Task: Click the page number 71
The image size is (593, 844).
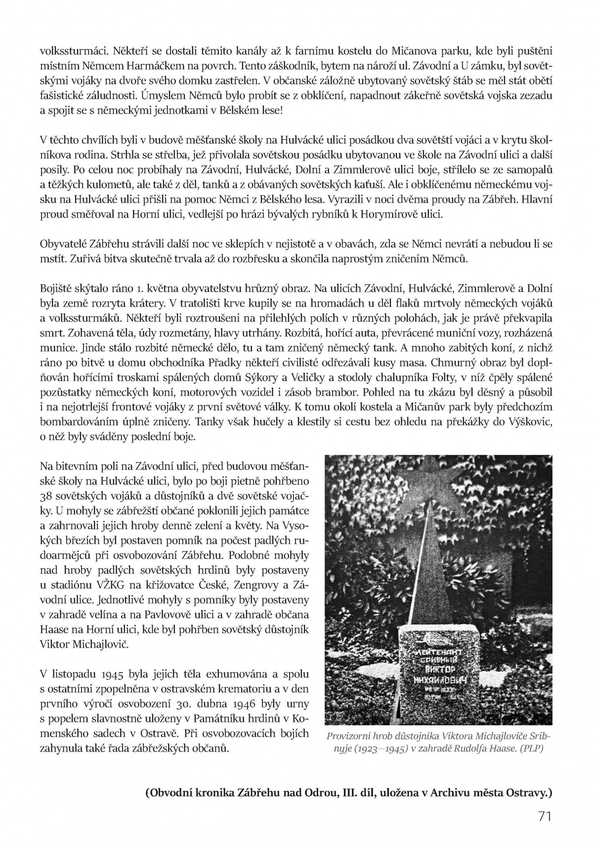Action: [x=544, y=817]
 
